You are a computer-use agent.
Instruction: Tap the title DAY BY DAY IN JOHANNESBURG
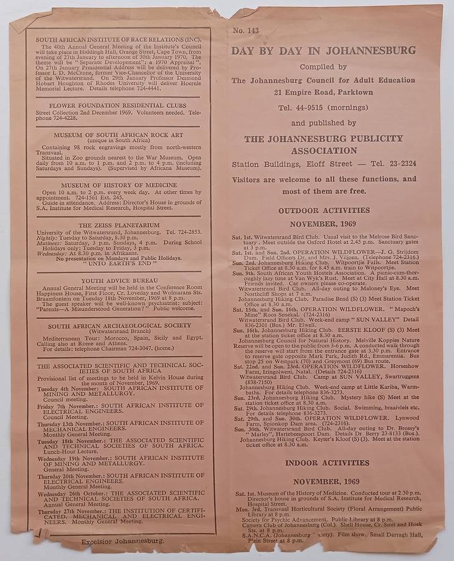click(323, 50)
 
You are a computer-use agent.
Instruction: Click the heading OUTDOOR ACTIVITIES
click(324, 211)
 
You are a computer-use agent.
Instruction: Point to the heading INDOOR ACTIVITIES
click(327, 463)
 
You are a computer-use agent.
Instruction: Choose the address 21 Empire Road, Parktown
click(323, 93)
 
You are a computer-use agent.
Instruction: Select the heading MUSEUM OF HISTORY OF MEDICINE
click(118, 185)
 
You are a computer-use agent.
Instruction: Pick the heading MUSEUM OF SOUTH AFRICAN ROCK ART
click(118, 135)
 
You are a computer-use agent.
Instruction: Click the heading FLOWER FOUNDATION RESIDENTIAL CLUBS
click(118, 105)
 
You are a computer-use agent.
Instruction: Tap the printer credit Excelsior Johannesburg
click(123, 541)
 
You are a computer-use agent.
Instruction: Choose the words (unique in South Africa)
click(118, 141)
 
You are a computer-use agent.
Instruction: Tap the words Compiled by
click(323, 67)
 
